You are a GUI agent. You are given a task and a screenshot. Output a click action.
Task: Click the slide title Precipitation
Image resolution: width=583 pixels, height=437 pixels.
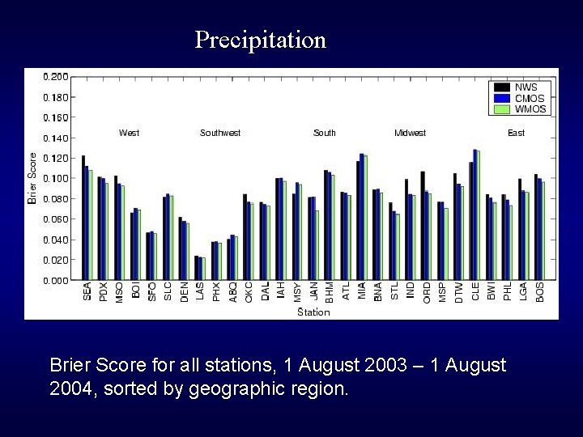coord(260,40)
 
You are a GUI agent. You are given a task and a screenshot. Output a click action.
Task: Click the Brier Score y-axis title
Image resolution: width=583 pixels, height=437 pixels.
coord(33,177)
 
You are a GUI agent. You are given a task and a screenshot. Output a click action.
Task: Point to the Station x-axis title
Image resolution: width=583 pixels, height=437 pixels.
coord(313,312)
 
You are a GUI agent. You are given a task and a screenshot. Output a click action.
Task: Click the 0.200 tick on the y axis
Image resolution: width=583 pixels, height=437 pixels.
coord(56,77)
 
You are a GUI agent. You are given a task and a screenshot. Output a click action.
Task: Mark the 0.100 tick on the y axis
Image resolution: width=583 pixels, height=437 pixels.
coord(56,178)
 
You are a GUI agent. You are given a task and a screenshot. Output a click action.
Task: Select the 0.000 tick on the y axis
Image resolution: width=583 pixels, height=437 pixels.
coord(56,280)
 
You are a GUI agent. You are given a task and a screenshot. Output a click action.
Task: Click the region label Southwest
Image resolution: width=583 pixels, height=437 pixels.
coord(220,133)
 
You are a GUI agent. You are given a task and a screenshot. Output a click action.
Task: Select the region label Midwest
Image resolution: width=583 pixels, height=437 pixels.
coord(410,133)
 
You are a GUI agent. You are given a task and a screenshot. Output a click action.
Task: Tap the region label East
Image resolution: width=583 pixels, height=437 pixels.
coord(516,133)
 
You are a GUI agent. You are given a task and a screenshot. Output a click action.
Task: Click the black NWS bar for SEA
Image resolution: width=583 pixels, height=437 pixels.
coord(83,218)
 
